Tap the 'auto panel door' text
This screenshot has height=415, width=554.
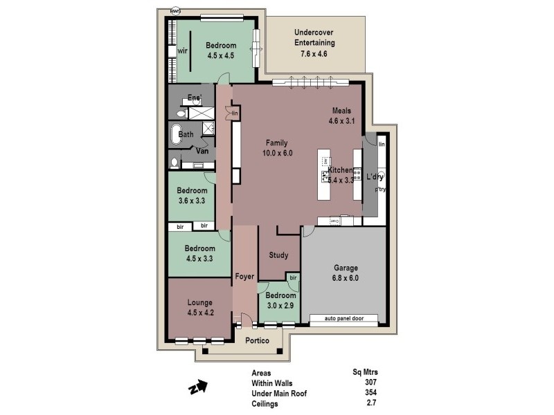point(343,319)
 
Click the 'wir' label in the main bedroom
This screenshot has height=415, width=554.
point(183,51)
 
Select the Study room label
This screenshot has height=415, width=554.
point(278,255)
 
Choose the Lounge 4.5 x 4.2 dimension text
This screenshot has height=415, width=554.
point(199,313)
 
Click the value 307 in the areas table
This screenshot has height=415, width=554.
point(370,382)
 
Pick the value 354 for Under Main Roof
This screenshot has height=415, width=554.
point(370,392)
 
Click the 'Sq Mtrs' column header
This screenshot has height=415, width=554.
point(365,372)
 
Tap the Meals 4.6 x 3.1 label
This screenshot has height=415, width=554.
point(341,121)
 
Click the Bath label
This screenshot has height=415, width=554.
point(186,134)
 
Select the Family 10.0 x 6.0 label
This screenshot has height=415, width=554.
point(275,148)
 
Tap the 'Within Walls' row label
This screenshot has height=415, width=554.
point(271,382)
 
